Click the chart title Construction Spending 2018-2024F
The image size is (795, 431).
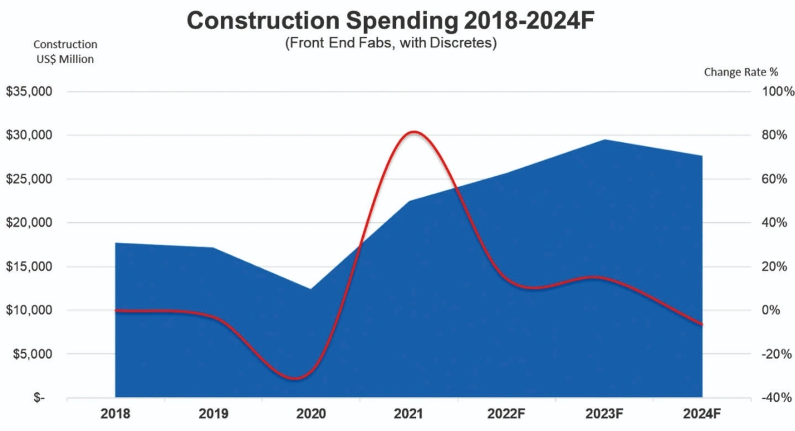tap(391, 20)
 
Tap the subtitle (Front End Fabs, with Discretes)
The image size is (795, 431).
tap(391, 45)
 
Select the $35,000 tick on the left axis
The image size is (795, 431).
tap(29, 92)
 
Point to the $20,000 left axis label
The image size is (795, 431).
tap(29, 223)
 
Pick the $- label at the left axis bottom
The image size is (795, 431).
tap(39, 397)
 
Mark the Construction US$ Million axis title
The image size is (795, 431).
tap(65, 52)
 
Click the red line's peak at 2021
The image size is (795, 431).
tap(412, 132)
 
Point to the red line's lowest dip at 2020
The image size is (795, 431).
tap(298, 378)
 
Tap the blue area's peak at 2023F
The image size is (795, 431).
tap(604, 140)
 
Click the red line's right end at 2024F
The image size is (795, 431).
tap(702, 324)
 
